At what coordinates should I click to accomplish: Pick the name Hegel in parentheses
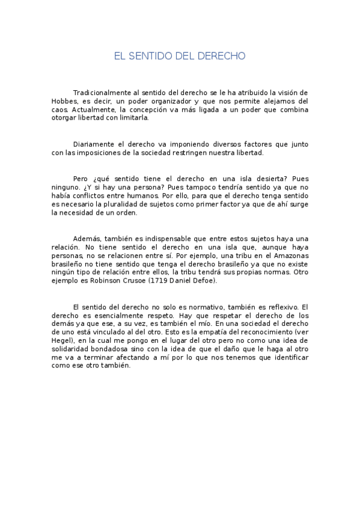click(x=63, y=341)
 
